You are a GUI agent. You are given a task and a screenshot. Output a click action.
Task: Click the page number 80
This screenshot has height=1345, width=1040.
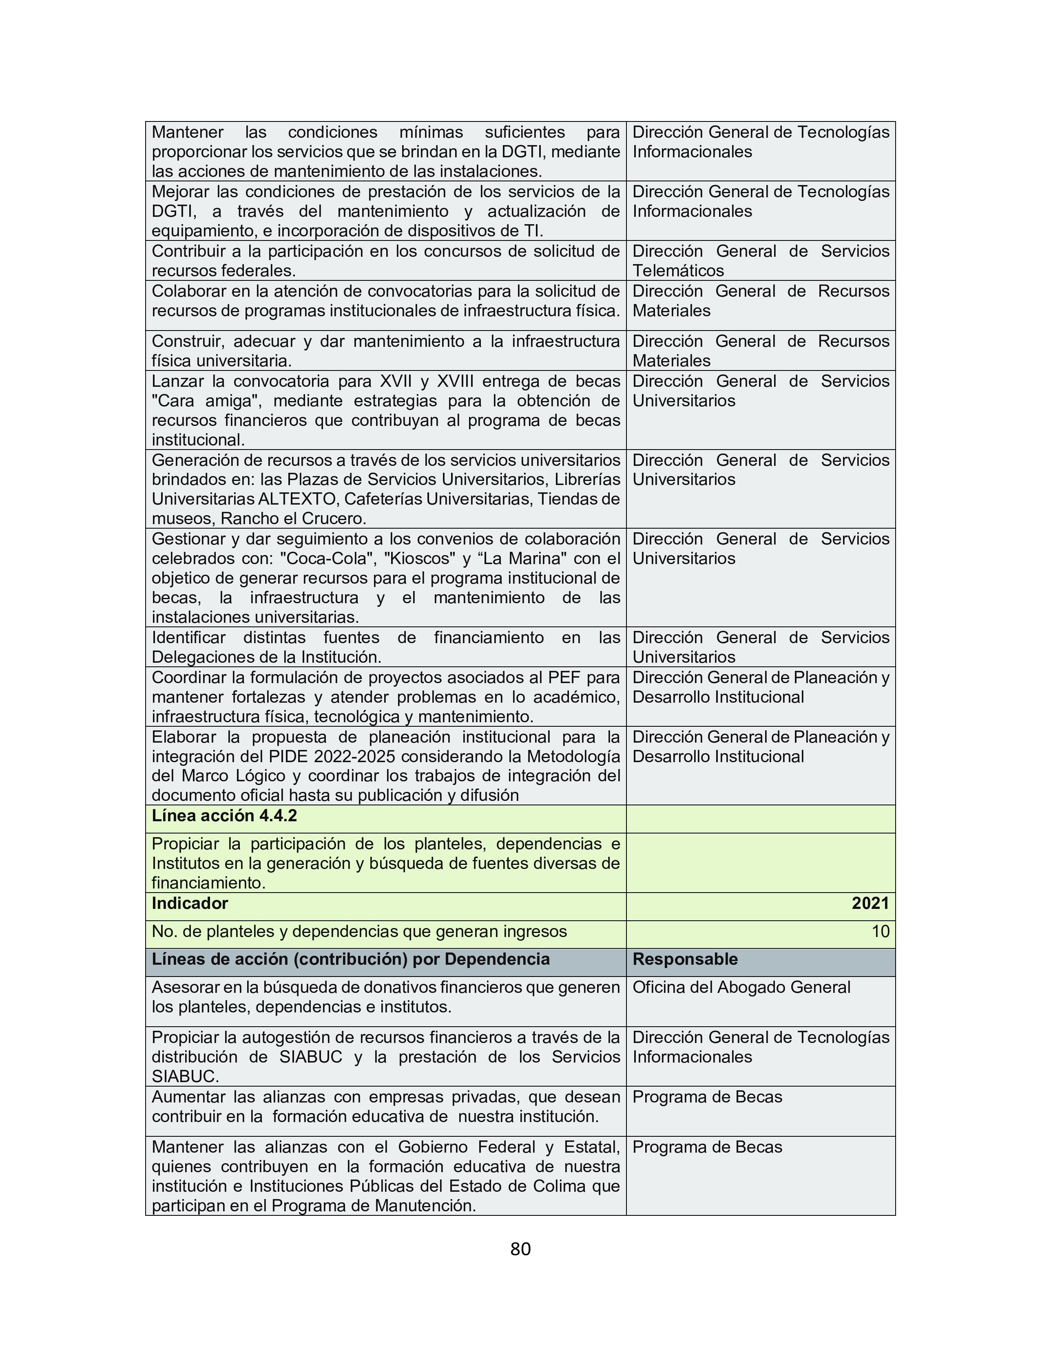pos(520,1248)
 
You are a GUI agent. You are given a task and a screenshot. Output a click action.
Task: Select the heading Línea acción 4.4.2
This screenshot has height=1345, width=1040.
pos(224,816)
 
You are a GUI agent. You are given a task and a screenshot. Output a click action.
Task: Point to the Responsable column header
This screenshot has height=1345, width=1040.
pos(684,959)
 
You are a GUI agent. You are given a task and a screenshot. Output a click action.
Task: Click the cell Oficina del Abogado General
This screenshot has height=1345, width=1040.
pos(741,987)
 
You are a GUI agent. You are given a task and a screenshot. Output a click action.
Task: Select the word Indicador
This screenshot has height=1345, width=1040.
pos(190,904)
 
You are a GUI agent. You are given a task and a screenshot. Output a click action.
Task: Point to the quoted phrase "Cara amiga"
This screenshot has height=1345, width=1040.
pos(206,401)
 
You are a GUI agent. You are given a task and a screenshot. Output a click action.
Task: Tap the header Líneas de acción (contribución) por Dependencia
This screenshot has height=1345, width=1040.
pos(351,959)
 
